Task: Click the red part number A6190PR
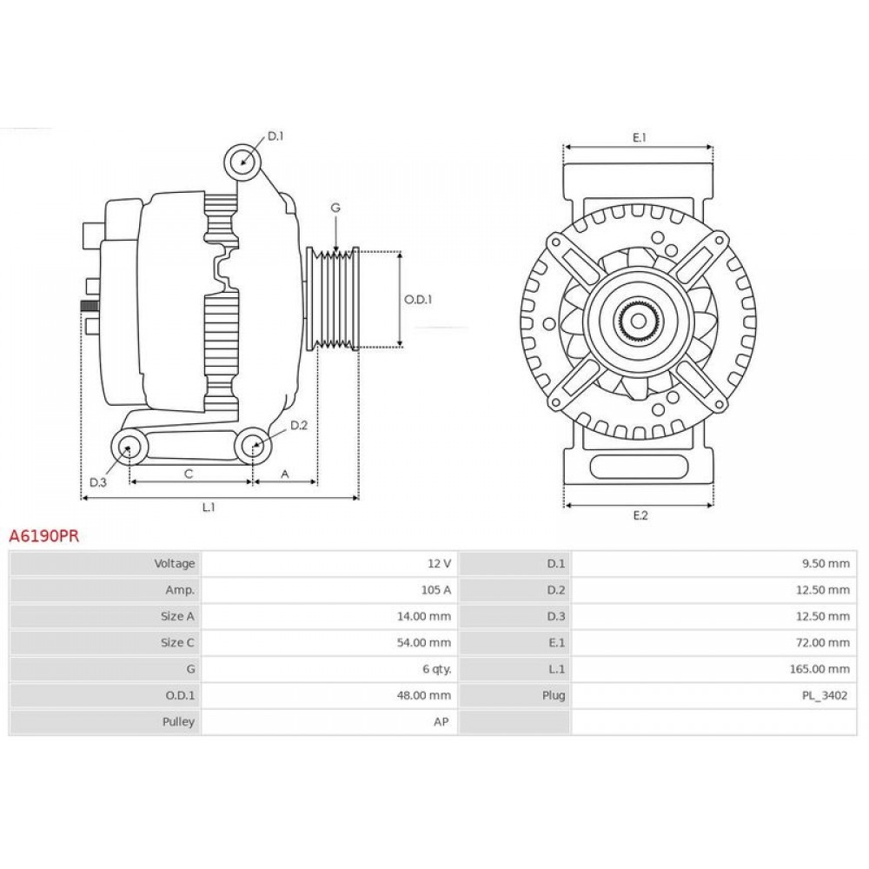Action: (x=43, y=536)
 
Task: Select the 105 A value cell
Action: (x=435, y=590)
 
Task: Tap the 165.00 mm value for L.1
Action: (x=819, y=669)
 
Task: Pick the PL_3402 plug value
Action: (x=825, y=695)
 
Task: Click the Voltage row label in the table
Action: (x=174, y=564)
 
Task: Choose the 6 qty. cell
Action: (x=437, y=669)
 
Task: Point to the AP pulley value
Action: (x=441, y=721)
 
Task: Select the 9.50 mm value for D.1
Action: (x=826, y=564)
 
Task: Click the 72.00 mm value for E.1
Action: (x=822, y=643)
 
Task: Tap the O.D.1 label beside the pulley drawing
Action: (x=417, y=299)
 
